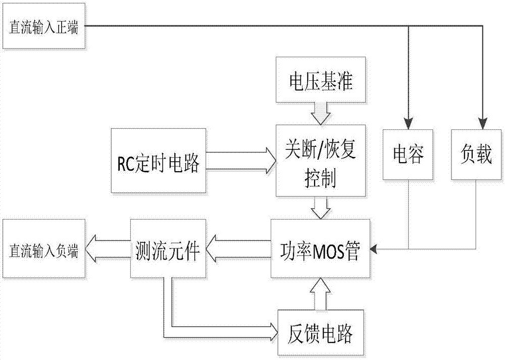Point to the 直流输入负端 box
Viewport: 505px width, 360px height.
(43, 248)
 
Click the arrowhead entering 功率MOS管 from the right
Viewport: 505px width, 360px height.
(374, 248)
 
